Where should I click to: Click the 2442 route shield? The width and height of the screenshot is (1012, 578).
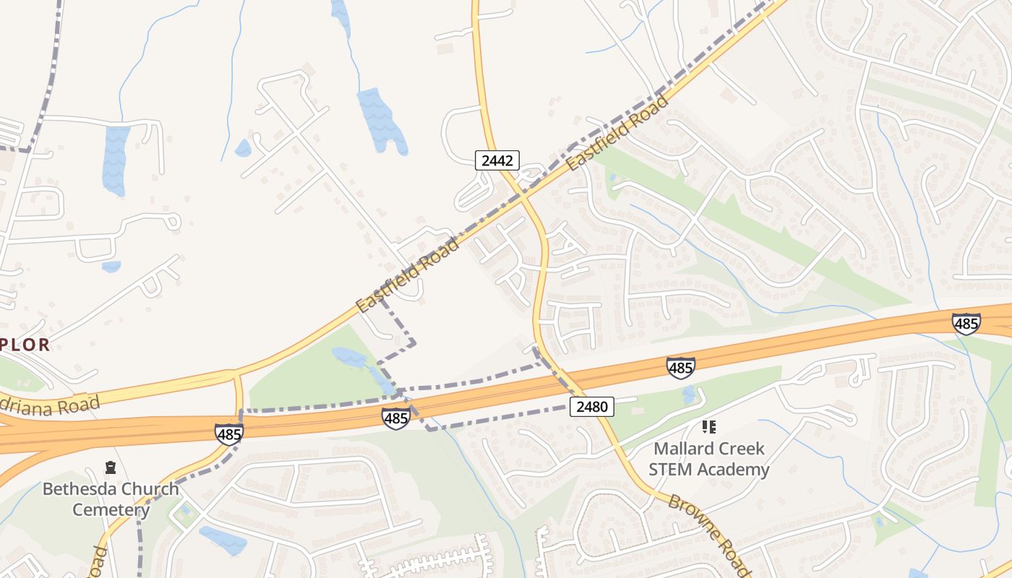[x=497, y=160]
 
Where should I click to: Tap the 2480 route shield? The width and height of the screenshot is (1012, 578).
[x=591, y=407]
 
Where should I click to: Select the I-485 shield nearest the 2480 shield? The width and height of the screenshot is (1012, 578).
[x=680, y=368]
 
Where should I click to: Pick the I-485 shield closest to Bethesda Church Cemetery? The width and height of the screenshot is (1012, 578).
[x=228, y=433]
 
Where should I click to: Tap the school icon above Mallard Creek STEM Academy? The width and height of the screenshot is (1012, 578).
[x=708, y=427]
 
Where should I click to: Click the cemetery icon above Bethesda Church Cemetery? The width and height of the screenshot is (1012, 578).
[x=111, y=467]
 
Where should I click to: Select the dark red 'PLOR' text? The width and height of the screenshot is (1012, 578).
[x=25, y=345]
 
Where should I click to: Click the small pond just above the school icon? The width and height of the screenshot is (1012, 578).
[x=689, y=394]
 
